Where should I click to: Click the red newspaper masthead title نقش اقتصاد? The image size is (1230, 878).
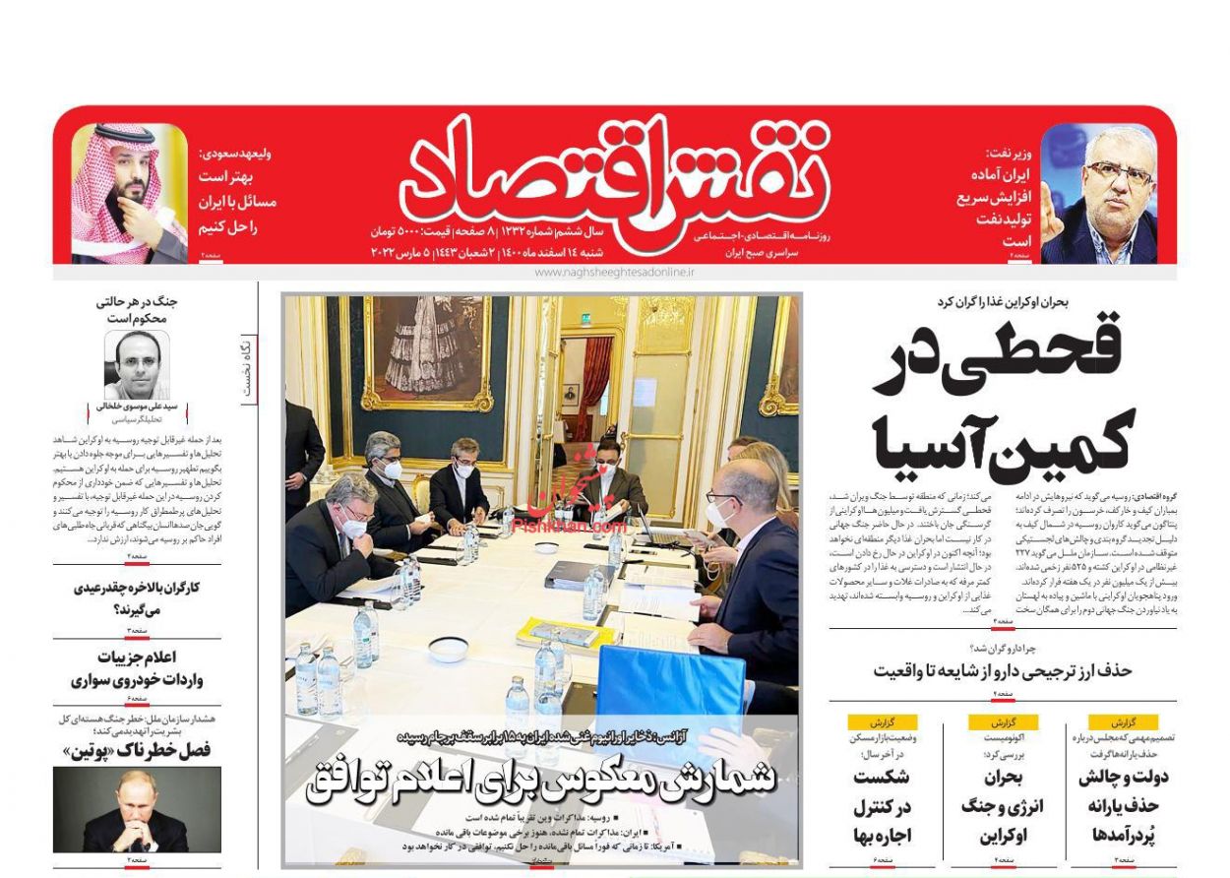point(615,172)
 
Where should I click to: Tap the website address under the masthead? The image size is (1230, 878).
point(614,272)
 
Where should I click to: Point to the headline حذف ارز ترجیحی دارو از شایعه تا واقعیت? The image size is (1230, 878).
point(1003,670)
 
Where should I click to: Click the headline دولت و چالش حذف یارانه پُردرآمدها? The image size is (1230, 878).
point(1123,806)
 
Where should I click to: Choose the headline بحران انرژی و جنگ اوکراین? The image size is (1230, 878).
point(1002,806)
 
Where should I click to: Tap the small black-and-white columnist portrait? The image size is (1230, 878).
point(137,364)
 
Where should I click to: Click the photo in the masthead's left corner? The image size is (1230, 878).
point(129,193)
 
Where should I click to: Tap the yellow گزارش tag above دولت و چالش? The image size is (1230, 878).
point(1123,721)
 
